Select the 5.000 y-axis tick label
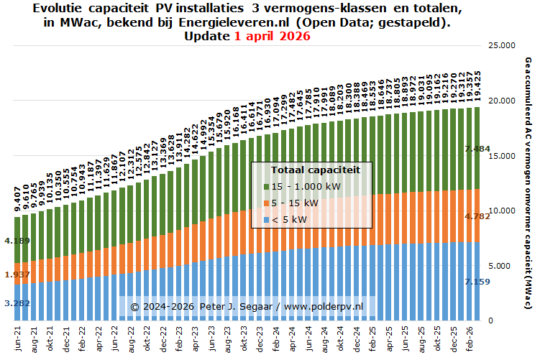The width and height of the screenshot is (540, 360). [498, 266]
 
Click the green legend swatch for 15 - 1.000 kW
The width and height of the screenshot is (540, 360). [266, 186]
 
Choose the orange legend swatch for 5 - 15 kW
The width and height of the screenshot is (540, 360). [266, 203]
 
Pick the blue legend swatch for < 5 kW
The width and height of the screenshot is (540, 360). [266, 219]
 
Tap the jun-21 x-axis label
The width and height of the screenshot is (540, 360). [17, 338]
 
